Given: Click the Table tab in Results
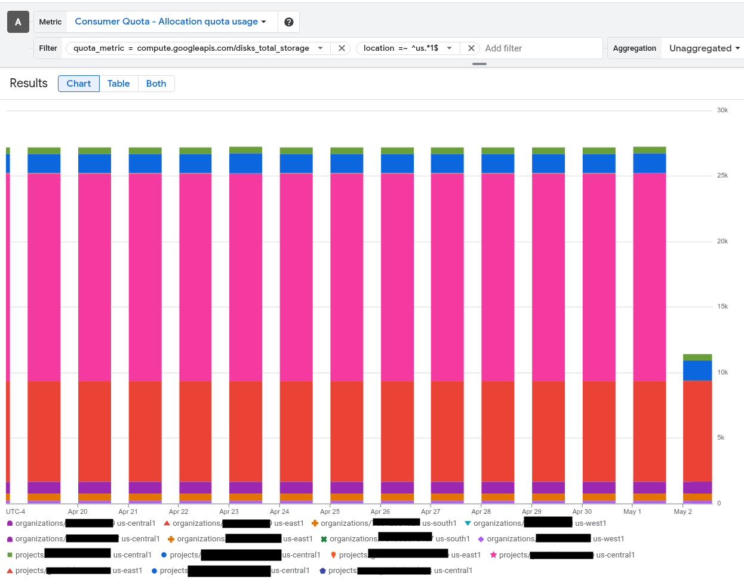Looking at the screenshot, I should click(x=118, y=84).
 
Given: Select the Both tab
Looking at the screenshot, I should click(x=156, y=84).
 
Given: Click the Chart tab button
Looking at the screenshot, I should click(x=79, y=84).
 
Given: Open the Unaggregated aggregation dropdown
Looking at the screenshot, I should click(x=704, y=48).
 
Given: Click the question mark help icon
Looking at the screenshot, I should click(x=289, y=22).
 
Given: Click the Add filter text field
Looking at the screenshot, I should click(x=540, y=48).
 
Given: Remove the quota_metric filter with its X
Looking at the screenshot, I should click(x=342, y=48).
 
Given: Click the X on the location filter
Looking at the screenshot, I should click(x=471, y=48).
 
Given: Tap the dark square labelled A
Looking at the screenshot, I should click(x=18, y=22).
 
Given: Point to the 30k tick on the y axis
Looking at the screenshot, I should click(x=722, y=111).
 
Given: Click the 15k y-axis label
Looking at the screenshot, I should click(x=722, y=307).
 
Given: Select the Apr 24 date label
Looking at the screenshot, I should click(x=279, y=511).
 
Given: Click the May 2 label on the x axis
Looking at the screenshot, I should click(x=682, y=511).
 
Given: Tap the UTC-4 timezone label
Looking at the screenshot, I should click(x=16, y=511).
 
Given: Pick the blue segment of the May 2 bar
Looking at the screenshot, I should click(x=697, y=370).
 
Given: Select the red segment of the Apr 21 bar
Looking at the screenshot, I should click(x=145, y=430).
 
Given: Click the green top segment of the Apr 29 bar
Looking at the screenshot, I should click(x=548, y=151).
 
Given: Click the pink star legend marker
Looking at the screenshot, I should click(x=493, y=555).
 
